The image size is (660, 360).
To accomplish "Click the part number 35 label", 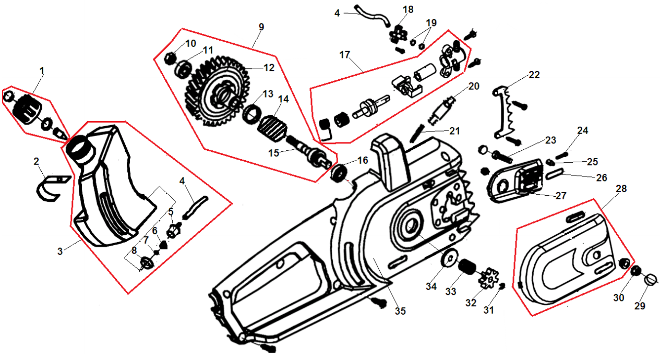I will click(400, 311).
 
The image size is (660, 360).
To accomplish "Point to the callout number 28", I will click(620, 188).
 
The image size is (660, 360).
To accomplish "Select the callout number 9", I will click(261, 27).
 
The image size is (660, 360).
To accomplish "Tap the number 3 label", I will click(60, 251).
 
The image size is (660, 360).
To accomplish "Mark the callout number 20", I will click(473, 87).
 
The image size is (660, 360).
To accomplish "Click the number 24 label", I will click(582, 130).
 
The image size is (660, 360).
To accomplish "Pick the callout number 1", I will click(42, 69).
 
